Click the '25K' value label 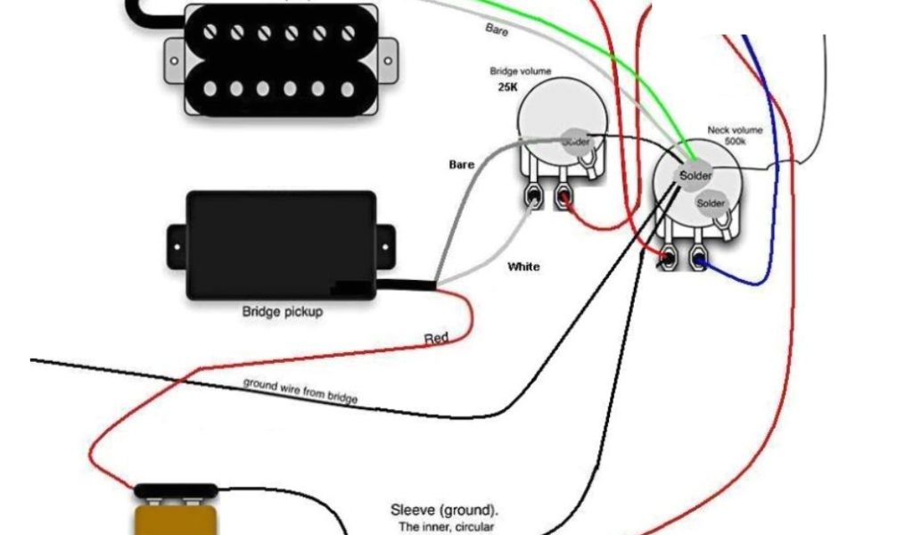pos(508,89)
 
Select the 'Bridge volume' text pos(520,71)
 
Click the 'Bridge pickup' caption pos(283,312)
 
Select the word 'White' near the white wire pos(523,267)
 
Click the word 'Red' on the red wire pos(436,338)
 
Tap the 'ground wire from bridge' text pos(300,391)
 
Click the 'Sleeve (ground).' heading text pos(444,511)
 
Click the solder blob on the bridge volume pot pos(575,141)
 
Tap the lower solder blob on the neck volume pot pos(711,203)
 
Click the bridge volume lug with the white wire pos(535,194)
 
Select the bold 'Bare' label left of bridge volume pos(461,165)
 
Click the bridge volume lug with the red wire pos(563,194)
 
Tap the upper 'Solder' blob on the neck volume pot pos(695,176)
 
